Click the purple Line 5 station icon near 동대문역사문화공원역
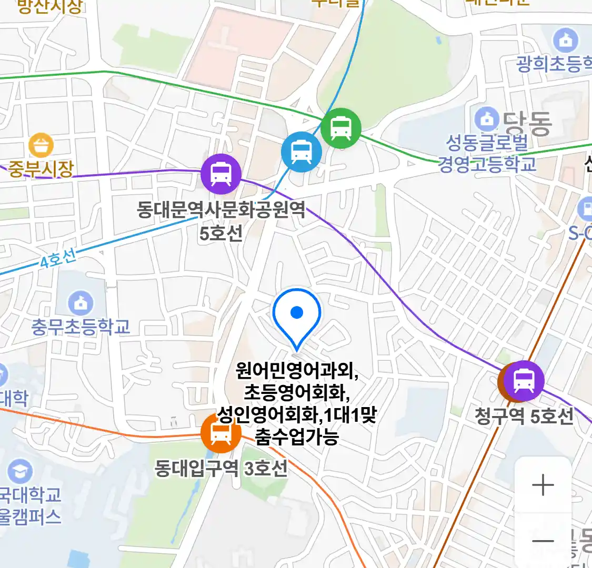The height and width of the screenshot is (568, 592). pos(221,174)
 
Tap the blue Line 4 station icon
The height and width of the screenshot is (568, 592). pos(301,152)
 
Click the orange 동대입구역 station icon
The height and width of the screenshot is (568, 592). pos(220,433)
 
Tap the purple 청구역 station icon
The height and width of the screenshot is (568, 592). pos(524,381)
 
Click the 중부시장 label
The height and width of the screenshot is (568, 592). pos(41,169)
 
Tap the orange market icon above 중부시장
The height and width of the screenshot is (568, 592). pos(41,145)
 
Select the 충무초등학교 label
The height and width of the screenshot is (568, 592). pos(81,327)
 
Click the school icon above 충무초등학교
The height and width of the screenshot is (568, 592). pos(81,303)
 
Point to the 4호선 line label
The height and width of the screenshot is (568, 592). pos(58,258)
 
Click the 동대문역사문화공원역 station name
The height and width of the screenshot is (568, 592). pos(221,210)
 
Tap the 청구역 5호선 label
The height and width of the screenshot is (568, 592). pos(524,416)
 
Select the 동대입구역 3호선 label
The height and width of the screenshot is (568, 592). pos(221,468)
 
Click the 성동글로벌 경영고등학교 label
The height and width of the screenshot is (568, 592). pos(487,153)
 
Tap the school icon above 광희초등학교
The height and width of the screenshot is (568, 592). pos(566,40)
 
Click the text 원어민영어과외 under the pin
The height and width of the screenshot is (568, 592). pos(297,371)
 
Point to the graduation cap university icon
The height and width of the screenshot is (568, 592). pos(20,472)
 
